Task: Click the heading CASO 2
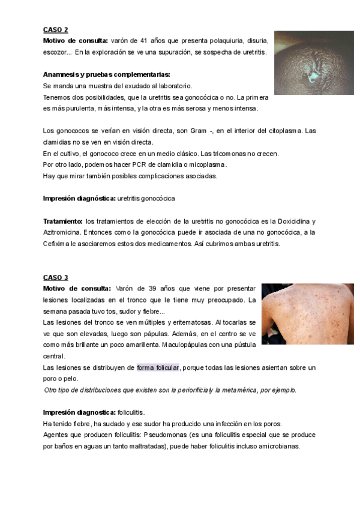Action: point(56,29)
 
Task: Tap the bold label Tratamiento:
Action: point(63,221)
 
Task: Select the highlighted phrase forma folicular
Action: point(158,367)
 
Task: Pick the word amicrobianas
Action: point(273,447)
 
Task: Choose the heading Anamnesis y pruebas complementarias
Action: point(107,75)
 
